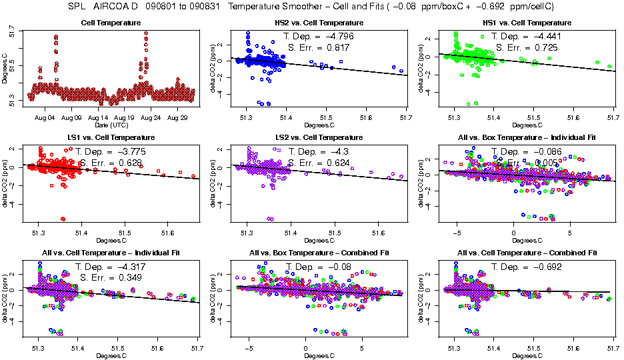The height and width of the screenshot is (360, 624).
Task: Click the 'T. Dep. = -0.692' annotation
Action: click(526, 267)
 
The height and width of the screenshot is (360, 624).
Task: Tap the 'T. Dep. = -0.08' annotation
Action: click(317, 267)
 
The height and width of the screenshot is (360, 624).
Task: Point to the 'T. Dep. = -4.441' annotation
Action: click(525, 37)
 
